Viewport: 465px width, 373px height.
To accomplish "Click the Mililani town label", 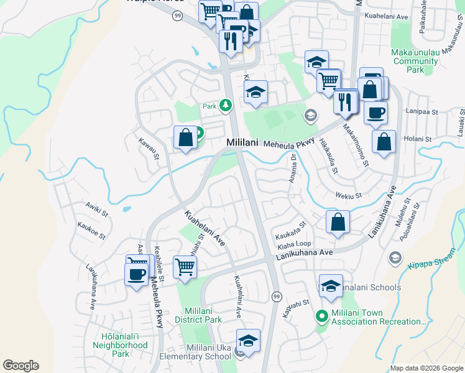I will pos(242,142).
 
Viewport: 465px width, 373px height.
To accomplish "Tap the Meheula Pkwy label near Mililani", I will pos(287,144).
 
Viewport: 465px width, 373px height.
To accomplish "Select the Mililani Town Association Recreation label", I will pos(378,317).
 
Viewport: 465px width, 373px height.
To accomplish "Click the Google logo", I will pos(21,366).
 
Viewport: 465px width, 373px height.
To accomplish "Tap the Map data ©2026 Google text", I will pos(426,368).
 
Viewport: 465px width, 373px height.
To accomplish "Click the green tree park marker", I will pos(225,106).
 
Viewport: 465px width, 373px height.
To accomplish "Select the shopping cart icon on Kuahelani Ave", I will pos(185,267).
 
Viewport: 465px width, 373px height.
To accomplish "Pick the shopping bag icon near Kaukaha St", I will pos(338,221).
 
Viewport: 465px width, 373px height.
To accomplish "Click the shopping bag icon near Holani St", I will pos(384,140).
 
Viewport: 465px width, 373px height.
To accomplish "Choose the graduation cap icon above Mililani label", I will pos(255,92).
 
